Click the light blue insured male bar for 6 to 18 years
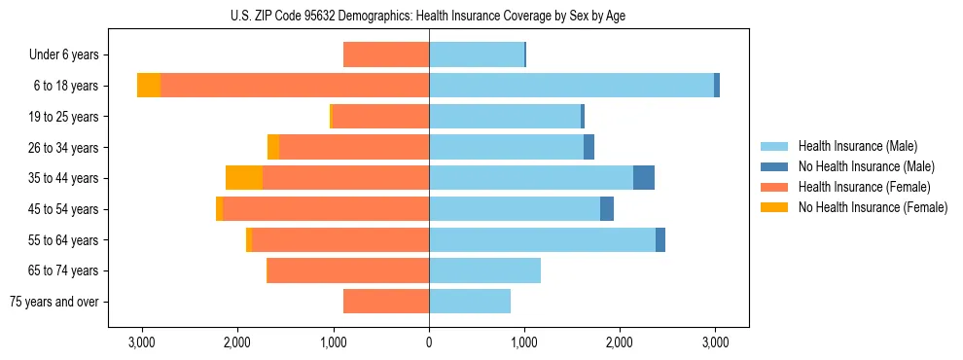point(571,86)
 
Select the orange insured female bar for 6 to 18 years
point(295,86)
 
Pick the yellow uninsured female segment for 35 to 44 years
point(244,178)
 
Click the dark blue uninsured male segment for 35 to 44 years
point(644,178)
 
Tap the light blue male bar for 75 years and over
point(470,302)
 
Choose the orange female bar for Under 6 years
point(386,55)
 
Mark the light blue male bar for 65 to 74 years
point(484,270)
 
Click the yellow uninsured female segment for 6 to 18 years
point(149,86)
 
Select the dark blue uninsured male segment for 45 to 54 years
point(607,209)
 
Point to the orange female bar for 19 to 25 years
point(380,117)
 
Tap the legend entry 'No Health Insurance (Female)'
point(873,207)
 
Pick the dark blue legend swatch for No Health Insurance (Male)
point(774,166)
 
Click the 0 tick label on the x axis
point(429,342)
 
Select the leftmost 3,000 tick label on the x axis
point(143,342)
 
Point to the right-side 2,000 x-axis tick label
point(620,342)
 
